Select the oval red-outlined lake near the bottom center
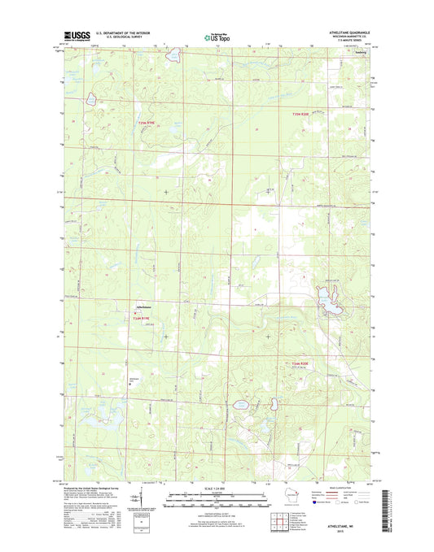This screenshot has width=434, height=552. pyautogui.click(x=241, y=403)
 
